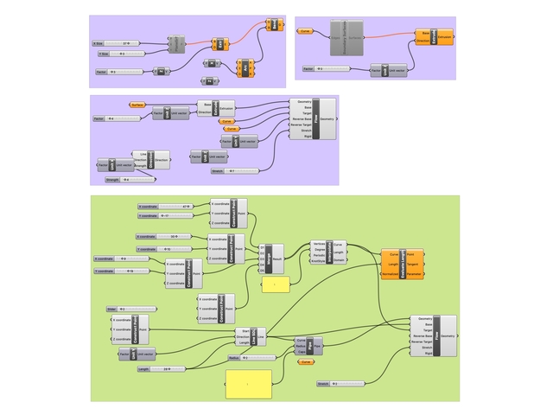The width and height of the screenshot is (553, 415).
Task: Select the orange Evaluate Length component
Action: [397, 264]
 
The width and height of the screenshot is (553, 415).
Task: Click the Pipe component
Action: [308, 347]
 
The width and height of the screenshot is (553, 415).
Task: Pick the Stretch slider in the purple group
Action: [234, 171]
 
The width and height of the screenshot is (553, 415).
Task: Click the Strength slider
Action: [129, 180]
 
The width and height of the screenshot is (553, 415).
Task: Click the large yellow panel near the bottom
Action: [248, 383]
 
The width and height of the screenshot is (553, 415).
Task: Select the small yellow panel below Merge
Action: [275, 284]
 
